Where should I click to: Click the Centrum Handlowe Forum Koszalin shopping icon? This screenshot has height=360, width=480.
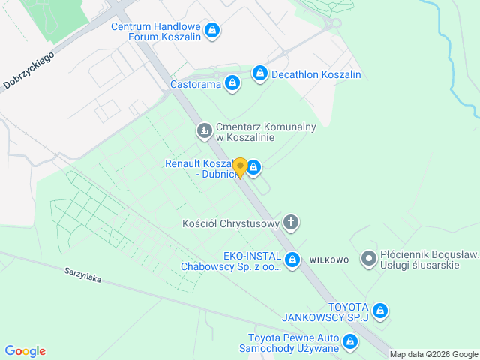pyautogui.click(x=212, y=30)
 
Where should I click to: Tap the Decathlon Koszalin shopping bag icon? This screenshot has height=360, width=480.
pyautogui.click(x=259, y=73)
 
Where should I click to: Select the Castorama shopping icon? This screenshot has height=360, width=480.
pyautogui.click(x=232, y=83)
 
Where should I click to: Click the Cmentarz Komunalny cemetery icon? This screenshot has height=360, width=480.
pyautogui.click(x=204, y=132)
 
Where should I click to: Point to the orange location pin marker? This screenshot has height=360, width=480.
pyautogui.click(x=240, y=166)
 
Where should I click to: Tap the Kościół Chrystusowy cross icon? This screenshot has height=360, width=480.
pyautogui.click(x=291, y=223)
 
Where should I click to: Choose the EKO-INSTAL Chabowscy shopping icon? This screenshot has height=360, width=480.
pyautogui.click(x=292, y=260)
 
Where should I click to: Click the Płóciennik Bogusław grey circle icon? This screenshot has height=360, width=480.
pyautogui.click(x=368, y=259)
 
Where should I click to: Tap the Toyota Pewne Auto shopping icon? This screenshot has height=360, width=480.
pyautogui.click(x=349, y=343)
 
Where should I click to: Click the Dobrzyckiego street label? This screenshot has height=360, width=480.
pyautogui.click(x=29, y=70)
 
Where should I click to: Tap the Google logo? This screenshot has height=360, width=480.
pyautogui.click(x=25, y=351)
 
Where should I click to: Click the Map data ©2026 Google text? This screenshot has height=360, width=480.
pyautogui.click(x=433, y=354)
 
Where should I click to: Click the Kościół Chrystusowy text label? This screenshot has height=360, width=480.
pyautogui.click(x=231, y=223)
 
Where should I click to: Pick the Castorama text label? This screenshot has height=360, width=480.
pyautogui.click(x=196, y=84)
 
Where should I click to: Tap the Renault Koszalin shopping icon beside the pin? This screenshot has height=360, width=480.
pyautogui.click(x=254, y=166)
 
